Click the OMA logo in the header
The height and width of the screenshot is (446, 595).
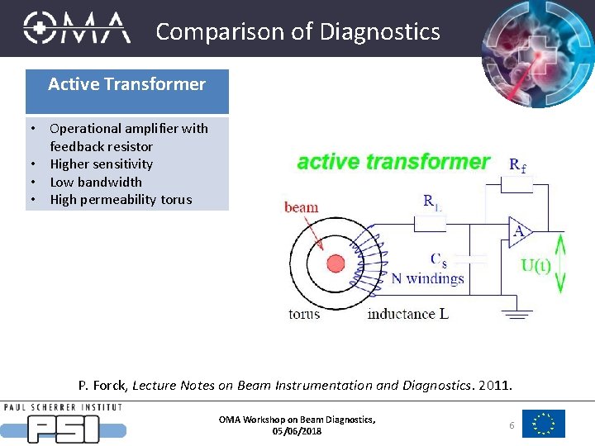(77, 27)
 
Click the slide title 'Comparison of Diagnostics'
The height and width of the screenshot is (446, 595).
(297, 31)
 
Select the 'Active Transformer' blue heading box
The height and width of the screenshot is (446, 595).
(126, 84)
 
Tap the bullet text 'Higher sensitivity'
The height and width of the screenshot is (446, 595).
(102, 164)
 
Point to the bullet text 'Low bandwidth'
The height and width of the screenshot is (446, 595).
(96, 182)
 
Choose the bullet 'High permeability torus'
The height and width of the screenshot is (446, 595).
(121, 199)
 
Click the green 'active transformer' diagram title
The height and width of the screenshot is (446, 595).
(393, 162)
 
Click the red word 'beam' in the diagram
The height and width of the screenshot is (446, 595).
(301, 206)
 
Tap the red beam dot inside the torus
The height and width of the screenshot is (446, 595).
(336, 263)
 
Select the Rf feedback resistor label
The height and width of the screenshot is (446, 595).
(518, 165)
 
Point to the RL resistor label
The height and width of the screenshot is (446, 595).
(433, 201)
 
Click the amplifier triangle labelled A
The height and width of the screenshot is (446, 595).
(519, 232)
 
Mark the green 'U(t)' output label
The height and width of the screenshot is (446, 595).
(536, 265)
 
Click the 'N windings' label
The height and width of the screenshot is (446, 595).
(427, 278)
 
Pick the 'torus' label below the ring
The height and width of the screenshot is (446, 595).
(304, 314)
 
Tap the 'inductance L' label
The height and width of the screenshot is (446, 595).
(407, 314)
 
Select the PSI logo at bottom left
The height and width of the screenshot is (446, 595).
(64, 424)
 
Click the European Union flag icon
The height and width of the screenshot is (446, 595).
(544, 424)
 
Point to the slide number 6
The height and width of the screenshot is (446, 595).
(512, 425)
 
